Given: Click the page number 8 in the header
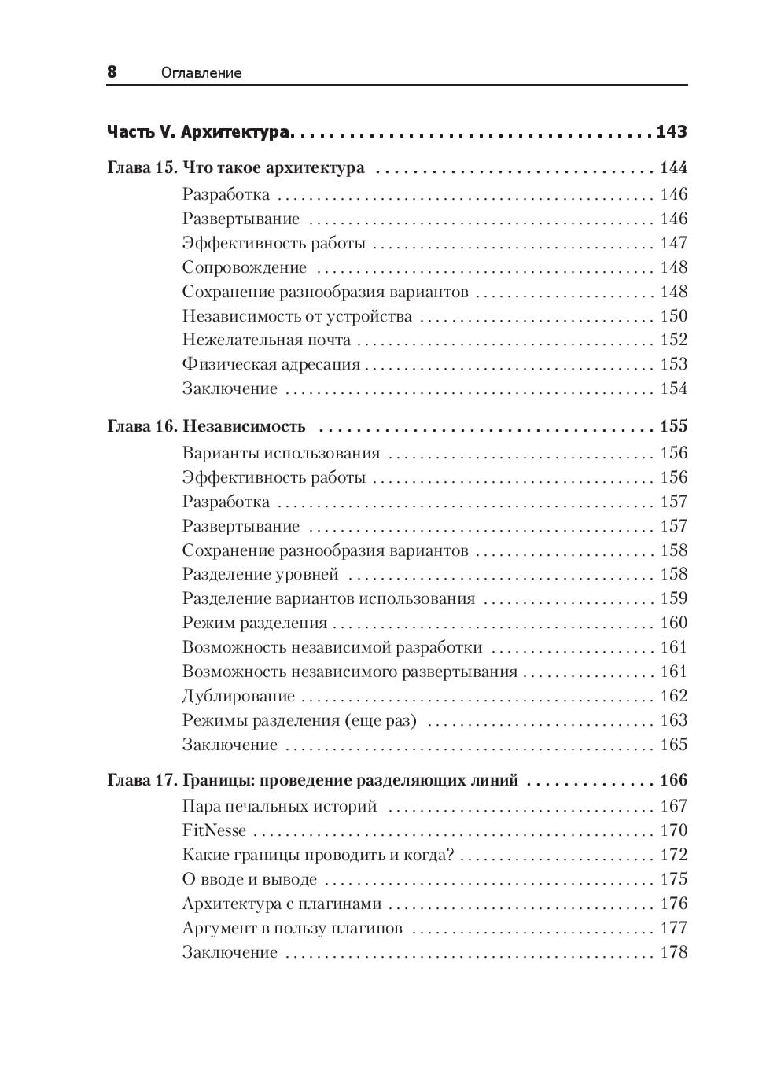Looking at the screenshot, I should (x=112, y=72).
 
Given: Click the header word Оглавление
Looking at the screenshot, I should (x=201, y=73).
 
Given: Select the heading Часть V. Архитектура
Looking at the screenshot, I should (x=198, y=132).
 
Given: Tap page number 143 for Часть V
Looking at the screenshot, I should (x=672, y=132).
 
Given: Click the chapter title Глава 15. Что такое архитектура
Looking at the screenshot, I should (x=236, y=167).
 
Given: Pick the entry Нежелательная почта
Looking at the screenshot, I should (x=267, y=340).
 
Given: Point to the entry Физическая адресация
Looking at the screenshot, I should (x=271, y=365).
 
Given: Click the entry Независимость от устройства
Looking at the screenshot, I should (x=297, y=316).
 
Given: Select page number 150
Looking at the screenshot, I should (x=674, y=316).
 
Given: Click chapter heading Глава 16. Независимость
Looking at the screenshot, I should (x=206, y=426).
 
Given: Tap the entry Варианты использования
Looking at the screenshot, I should (x=281, y=453).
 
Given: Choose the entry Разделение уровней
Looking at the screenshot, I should (x=260, y=575).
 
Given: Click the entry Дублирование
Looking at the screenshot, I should (x=238, y=697).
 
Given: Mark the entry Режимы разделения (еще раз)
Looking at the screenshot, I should (x=300, y=721).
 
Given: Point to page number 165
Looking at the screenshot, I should (x=674, y=745).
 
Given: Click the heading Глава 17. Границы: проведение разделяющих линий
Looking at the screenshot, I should (x=313, y=781).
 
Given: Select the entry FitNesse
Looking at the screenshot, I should (x=214, y=830).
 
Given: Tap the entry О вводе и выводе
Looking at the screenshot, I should (x=249, y=879).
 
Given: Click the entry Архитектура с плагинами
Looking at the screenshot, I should (x=282, y=904).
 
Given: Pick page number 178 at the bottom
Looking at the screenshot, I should (x=674, y=952).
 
